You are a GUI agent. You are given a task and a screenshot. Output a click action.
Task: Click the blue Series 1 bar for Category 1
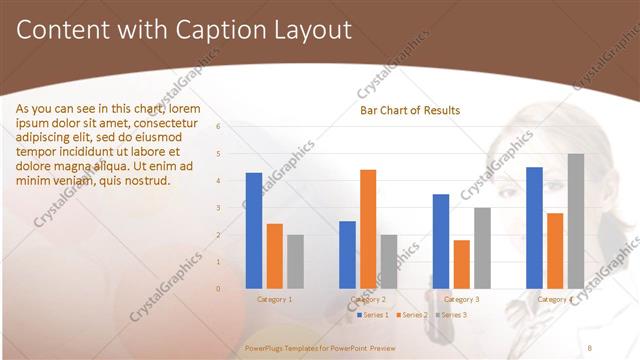click(254, 231)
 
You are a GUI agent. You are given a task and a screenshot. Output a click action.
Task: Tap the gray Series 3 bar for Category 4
click(576, 221)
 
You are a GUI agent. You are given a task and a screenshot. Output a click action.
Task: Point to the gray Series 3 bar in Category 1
click(295, 262)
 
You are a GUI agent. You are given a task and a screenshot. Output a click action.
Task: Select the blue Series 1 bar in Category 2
click(347, 255)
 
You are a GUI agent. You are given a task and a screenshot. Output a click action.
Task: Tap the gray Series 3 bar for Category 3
click(482, 248)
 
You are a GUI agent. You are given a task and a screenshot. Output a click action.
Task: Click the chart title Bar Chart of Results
click(410, 110)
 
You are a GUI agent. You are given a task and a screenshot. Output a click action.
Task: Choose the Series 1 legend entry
click(374, 315)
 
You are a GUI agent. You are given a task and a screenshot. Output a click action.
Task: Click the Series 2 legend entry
click(414, 315)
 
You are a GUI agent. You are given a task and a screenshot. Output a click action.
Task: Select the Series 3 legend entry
click(454, 315)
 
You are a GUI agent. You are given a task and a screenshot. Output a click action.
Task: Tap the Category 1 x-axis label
click(274, 299)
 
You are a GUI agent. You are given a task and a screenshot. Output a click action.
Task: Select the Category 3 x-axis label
click(461, 299)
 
